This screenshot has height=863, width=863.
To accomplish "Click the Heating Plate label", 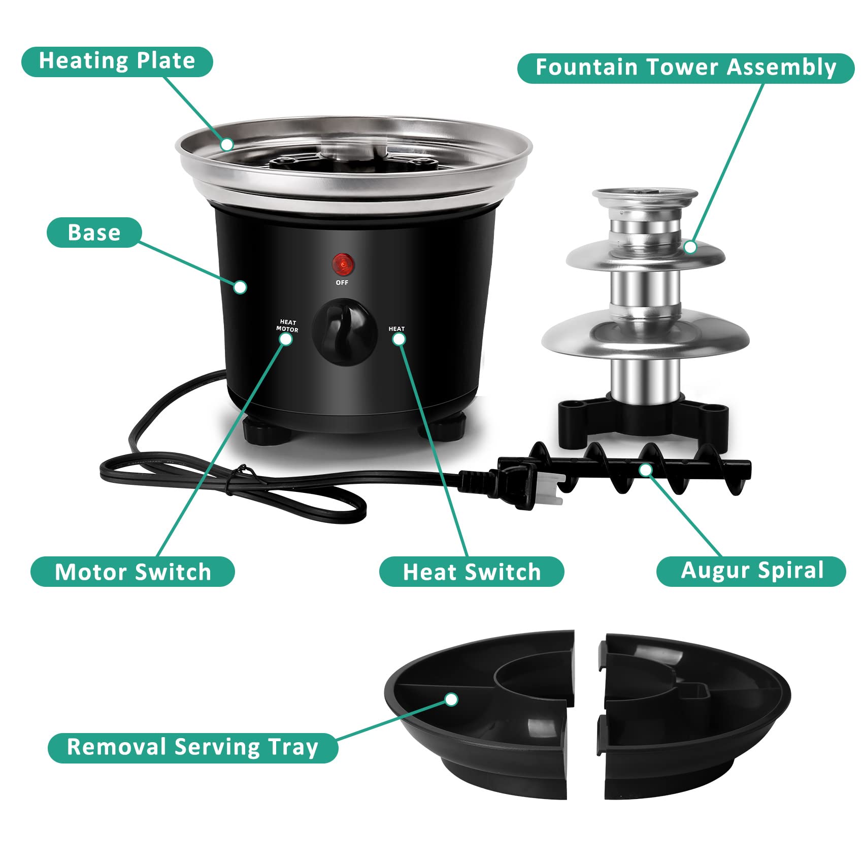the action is coord(117,61).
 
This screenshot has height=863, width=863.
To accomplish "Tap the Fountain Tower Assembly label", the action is coord(685,68).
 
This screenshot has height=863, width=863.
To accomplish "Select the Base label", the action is coord(94,233).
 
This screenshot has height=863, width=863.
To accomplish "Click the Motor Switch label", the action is coord(132,572).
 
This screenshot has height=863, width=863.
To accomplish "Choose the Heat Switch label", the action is coord(472,572).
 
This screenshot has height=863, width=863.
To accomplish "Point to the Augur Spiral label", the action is coord(751,571).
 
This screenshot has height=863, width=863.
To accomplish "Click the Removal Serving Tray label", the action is coord(193,747).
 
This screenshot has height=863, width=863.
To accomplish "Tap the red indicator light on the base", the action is coord(343,264).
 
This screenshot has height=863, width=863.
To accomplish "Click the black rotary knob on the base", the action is coord(344,331).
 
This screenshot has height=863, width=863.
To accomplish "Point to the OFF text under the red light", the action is coord(342,282).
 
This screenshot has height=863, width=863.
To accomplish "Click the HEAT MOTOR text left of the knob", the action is coord(287,326).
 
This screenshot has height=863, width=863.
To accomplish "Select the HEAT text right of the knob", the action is coord(396,329).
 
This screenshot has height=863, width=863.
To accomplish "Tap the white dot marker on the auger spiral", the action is coord(645,470).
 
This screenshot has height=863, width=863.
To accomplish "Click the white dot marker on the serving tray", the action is coord(451,700).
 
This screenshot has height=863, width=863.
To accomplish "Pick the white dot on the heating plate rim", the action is coord(227,145).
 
